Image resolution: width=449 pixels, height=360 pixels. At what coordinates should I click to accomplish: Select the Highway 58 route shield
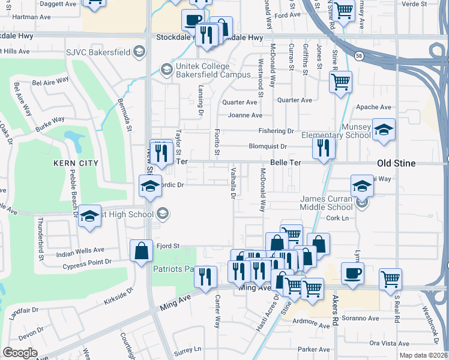(x=358, y=55)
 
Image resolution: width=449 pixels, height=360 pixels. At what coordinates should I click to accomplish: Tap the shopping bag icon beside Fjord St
(x=140, y=251)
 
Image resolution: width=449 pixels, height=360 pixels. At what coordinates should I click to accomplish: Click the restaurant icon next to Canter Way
(x=206, y=277)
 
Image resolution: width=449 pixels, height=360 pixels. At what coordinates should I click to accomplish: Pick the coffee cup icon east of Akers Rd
(x=352, y=273)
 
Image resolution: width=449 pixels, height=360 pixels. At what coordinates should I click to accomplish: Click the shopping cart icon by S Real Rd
(x=390, y=278)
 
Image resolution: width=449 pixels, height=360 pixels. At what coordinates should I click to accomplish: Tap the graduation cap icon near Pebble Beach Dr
(x=89, y=215)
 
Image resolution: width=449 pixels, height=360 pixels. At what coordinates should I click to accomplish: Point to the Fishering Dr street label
(x=276, y=131)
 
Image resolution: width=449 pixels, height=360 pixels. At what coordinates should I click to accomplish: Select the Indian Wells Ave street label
(x=80, y=250)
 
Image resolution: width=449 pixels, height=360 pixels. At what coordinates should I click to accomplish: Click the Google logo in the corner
(x=20, y=352)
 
